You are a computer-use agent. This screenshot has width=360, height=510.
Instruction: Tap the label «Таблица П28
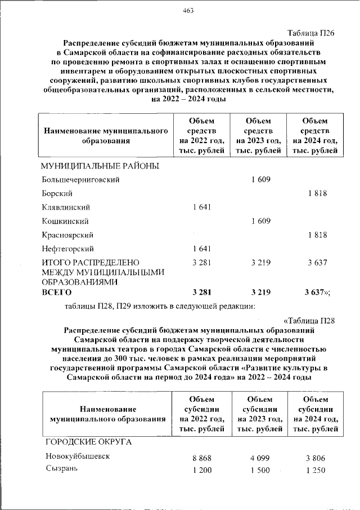309,321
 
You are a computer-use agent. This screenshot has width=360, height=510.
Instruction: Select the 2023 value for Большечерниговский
260,180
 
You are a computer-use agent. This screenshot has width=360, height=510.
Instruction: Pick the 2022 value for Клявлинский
201,207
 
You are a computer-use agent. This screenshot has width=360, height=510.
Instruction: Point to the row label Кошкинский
65,221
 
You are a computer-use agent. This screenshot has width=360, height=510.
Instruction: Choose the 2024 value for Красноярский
317,235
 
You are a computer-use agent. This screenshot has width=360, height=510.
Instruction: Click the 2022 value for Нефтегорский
201,249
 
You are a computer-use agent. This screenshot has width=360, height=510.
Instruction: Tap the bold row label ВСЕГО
57,292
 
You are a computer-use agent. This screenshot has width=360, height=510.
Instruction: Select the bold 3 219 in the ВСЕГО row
260,292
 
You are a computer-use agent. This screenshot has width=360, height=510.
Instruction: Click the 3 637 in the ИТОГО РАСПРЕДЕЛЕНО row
317,263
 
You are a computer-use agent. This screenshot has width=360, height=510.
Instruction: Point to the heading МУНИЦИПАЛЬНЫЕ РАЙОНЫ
100,166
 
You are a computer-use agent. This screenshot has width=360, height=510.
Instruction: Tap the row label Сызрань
61,470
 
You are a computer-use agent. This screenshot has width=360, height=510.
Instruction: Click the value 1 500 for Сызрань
260,471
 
